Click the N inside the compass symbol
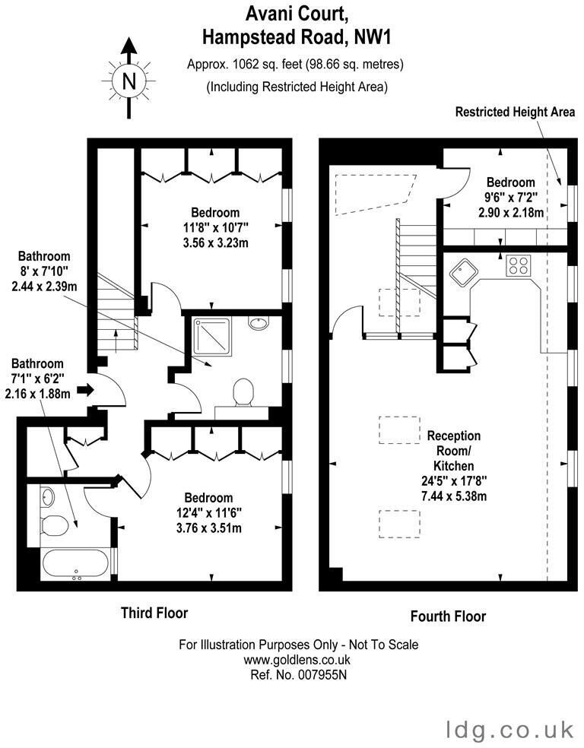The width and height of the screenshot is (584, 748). [x=129, y=81]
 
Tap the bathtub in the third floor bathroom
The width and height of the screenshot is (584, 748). [x=75, y=565]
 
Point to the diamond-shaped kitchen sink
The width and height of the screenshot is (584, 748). [x=464, y=272]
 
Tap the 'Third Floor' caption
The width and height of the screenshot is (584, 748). [x=154, y=613]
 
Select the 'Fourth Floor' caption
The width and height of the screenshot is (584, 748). [x=448, y=616]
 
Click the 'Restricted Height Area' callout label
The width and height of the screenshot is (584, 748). [x=515, y=112]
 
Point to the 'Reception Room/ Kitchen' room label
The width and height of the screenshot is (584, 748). [x=454, y=450]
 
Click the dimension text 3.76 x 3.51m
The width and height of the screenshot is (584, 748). [x=208, y=528]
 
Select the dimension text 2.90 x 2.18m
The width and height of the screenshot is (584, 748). [x=511, y=212]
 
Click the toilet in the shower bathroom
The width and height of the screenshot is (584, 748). [x=243, y=392]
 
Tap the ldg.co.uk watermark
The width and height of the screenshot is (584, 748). [x=510, y=730]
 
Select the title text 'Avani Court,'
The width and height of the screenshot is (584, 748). [x=297, y=14]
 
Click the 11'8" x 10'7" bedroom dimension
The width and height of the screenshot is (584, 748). [x=215, y=227]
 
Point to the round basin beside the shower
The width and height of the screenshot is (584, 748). [x=259, y=322]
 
